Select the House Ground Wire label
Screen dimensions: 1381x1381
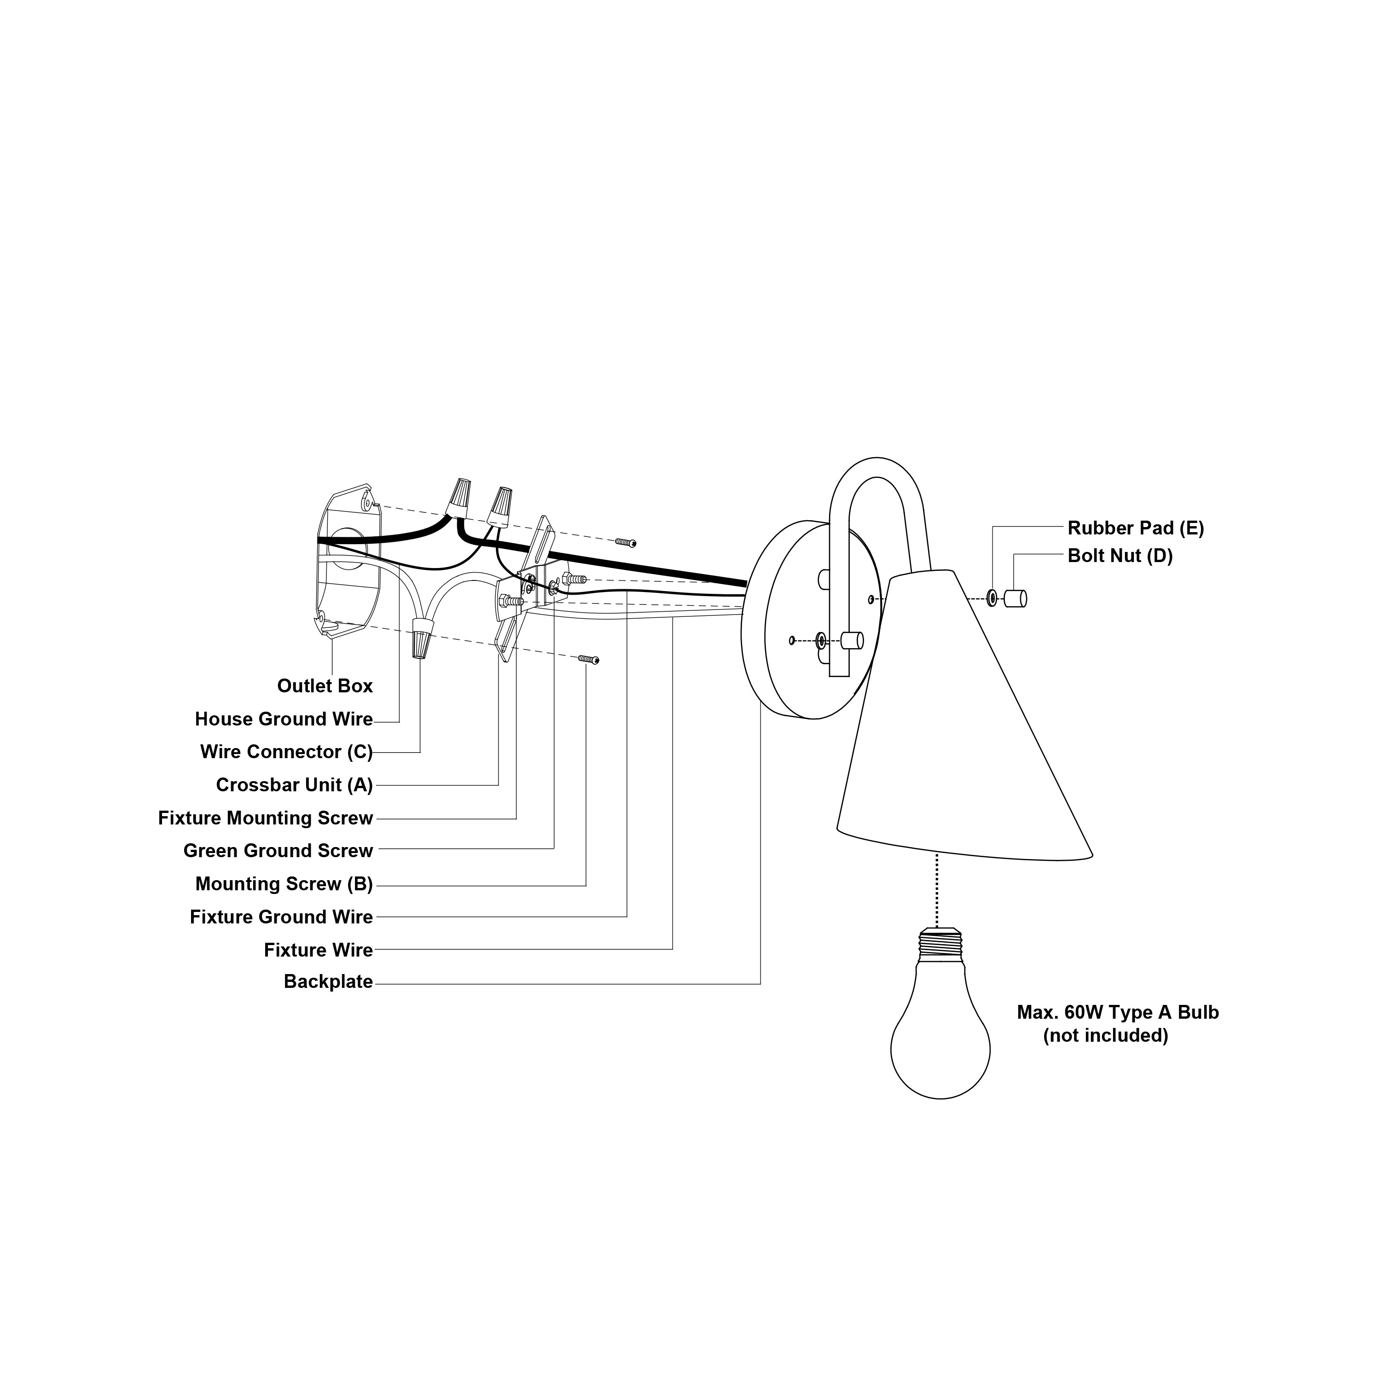pyautogui.click(x=284, y=719)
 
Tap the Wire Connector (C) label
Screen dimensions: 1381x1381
pyautogui.click(x=286, y=752)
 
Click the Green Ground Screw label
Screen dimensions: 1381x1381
pyautogui.click(x=278, y=851)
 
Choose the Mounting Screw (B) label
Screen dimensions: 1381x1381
pyautogui.click(x=284, y=884)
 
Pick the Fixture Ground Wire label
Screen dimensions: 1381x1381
pyautogui.click(x=281, y=917)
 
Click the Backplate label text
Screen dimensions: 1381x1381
pyautogui.click(x=328, y=981)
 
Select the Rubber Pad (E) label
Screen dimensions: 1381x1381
pyautogui.click(x=1135, y=528)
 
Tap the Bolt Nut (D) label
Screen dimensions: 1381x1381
pyautogui.click(x=1120, y=556)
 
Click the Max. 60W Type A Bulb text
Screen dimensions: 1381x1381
pyautogui.click(x=1117, y=1012)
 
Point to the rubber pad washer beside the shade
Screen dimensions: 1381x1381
pyautogui.click(x=992, y=598)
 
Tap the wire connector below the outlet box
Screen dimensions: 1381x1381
pyautogui.click(x=422, y=638)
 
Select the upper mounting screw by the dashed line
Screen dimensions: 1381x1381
pyautogui.click(x=626, y=543)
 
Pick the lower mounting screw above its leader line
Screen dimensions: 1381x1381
pyautogui.click(x=588, y=659)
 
